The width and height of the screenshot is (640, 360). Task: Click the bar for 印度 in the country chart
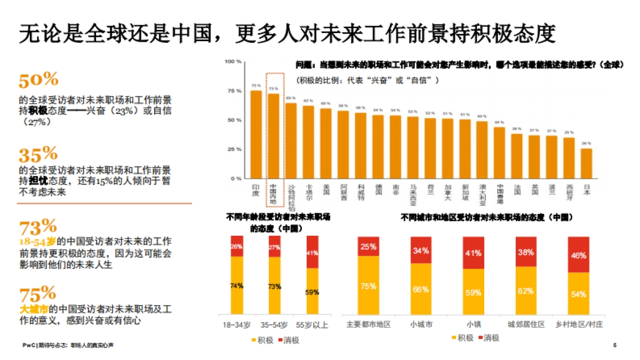(256, 134)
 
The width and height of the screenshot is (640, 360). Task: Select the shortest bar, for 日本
(586, 164)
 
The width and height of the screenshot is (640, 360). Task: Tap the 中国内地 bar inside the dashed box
(274, 136)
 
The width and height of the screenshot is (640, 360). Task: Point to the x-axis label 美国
(326, 189)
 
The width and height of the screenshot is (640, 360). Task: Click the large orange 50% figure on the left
(38, 80)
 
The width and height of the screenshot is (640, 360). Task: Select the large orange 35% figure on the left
(38, 155)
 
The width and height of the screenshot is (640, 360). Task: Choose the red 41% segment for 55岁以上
(312, 252)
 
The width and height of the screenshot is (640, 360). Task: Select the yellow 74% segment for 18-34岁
(236, 285)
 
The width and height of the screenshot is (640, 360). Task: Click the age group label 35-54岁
(274, 324)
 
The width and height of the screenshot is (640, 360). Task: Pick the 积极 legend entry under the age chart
(260, 340)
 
